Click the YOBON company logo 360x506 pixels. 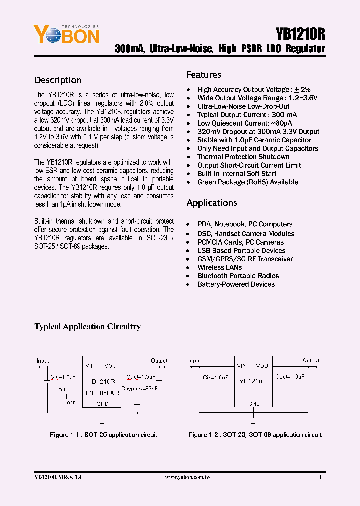(x=66, y=34)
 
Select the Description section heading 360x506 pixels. (x=58, y=80)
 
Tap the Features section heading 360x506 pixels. (x=204, y=75)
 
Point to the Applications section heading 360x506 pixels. (x=212, y=203)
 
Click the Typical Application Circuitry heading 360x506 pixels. (x=87, y=327)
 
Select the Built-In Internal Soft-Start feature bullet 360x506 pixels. (x=236, y=174)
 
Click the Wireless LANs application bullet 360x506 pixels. (x=219, y=267)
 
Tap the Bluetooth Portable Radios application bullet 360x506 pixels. (x=238, y=276)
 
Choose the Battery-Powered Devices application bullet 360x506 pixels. (x=236, y=284)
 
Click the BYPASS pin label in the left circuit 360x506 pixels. (x=110, y=393)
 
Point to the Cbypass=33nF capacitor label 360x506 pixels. (x=139, y=387)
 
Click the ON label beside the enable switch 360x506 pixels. (x=62, y=389)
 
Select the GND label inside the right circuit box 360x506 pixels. (x=254, y=403)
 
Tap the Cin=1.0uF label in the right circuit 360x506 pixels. (x=215, y=377)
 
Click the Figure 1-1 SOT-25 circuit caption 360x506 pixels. (x=103, y=435)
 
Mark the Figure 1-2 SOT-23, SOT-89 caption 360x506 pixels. (x=255, y=435)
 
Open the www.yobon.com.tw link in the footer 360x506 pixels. (x=187, y=478)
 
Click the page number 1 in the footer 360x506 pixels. (x=320, y=478)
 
